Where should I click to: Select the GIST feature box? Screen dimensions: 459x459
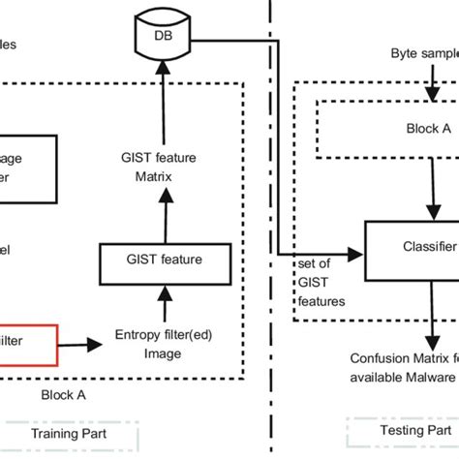click(x=165, y=260)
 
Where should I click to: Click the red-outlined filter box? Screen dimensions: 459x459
click(x=29, y=342)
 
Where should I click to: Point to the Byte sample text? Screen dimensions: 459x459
click(x=423, y=51)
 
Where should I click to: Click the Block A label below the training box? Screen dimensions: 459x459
click(x=63, y=395)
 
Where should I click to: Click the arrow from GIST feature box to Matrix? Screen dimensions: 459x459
click(x=164, y=218)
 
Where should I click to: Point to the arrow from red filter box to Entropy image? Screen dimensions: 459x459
click(x=82, y=343)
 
